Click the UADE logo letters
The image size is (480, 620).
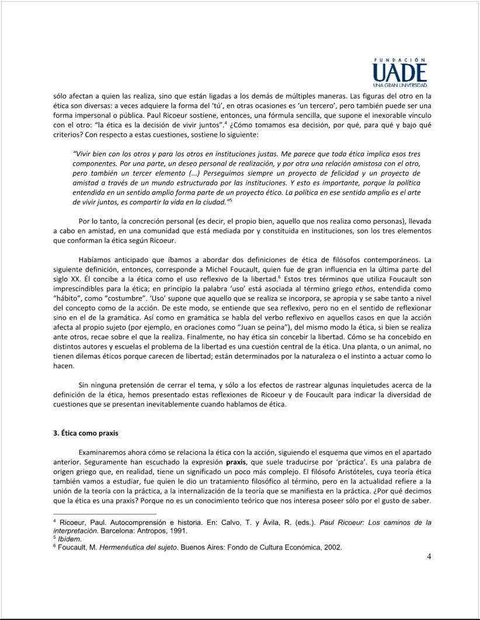click(x=399, y=73)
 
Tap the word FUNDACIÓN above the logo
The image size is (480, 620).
click(x=399, y=60)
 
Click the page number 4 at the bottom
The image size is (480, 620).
click(x=429, y=556)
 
